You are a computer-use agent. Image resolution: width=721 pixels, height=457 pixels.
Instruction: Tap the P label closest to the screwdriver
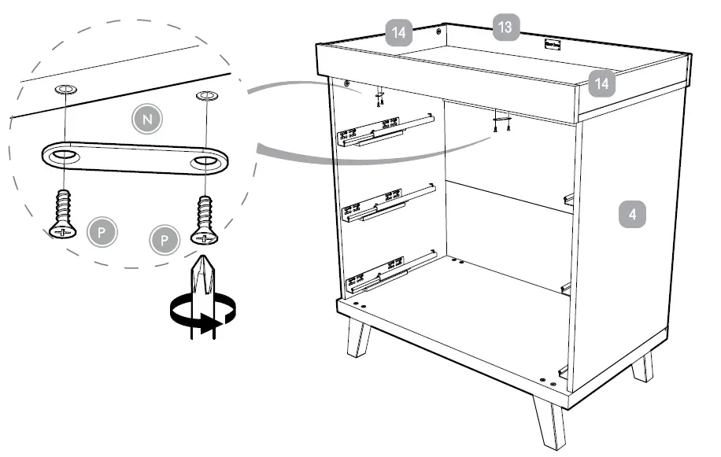pyautogui.click(x=165, y=238)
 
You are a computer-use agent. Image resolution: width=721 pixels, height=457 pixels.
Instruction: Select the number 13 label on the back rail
pyautogui.click(x=505, y=28)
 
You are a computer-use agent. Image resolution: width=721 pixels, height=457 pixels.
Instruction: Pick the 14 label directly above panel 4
pyautogui.click(x=602, y=83)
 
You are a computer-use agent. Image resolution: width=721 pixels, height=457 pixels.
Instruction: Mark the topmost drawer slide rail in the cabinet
pyautogui.click(x=386, y=130)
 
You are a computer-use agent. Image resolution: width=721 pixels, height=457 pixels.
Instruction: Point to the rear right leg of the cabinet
pyautogui.click(x=643, y=366)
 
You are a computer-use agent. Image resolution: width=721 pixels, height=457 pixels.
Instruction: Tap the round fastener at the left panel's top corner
pyautogui.click(x=346, y=83)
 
